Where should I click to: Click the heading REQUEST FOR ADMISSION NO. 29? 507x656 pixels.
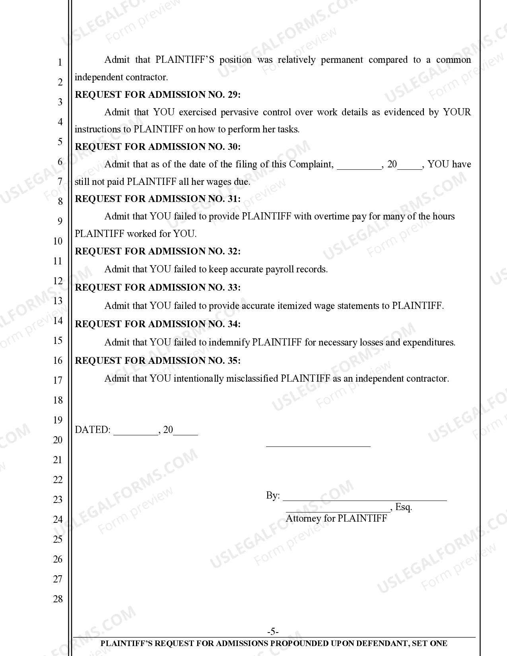pos(158,95)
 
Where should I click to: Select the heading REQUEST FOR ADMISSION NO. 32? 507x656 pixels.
pos(158,251)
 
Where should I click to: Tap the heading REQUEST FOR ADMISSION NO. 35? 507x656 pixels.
pos(158,361)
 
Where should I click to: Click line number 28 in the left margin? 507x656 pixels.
pos(58,599)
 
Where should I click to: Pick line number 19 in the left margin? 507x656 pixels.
pos(58,420)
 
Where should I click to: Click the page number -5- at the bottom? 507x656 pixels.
pos(273,632)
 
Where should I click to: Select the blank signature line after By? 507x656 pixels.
pos(365,497)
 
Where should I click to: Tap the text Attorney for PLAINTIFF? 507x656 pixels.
pos(336,518)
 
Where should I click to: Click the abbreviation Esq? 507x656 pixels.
pos(404,507)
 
